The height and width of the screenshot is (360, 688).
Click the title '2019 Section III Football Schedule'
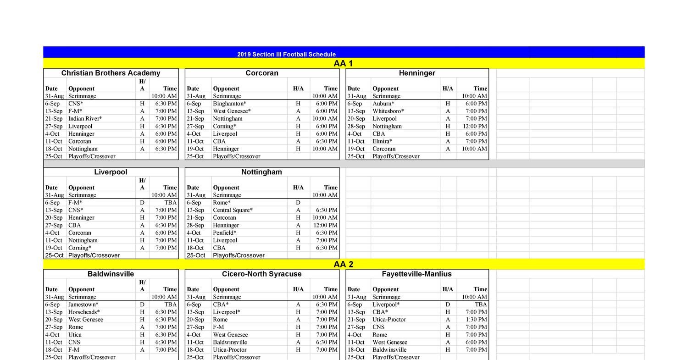pyautogui.click(x=286, y=54)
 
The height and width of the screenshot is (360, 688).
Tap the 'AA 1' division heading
pyautogui.click(x=343, y=63)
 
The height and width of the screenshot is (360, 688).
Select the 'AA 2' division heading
pyautogui.click(x=343, y=264)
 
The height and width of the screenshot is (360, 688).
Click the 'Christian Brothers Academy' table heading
pyautogui.click(x=111, y=73)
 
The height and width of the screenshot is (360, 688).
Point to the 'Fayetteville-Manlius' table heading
pyautogui.click(x=416, y=274)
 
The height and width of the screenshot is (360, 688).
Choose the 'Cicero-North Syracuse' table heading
pyautogui.click(x=261, y=274)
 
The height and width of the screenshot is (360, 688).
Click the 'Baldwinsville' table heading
pyautogui.click(x=111, y=274)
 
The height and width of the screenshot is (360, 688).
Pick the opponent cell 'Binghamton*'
pyautogui.click(x=229, y=104)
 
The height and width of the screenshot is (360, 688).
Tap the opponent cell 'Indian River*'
pyautogui.click(x=85, y=118)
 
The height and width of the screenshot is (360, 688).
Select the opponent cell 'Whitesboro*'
pyautogui.click(x=388, y=111)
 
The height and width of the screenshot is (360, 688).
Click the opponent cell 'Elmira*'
pyautogui.click(x=382, y=141)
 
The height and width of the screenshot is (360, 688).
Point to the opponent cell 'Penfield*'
pyautogui.click(x=224, y=233)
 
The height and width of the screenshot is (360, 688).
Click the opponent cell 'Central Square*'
pyautogui.click(x=233, y=210)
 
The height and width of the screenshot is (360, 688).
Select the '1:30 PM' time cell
pyautogui.click(x=475, y=320)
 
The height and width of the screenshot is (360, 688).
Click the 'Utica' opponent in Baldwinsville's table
pyautogui.click(x=75, y=335)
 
